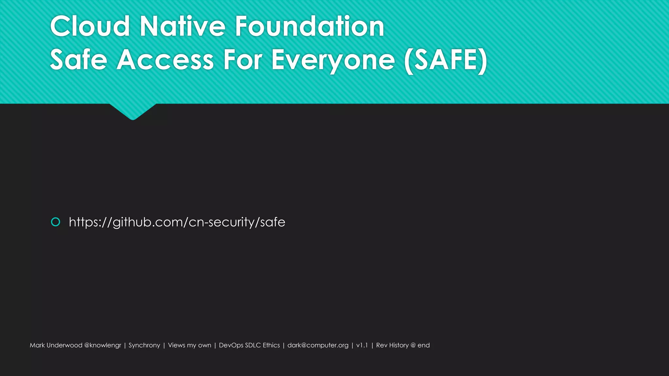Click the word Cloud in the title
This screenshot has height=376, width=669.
click(x=90, y=26)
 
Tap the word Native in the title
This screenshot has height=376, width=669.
click(x=182, y=26)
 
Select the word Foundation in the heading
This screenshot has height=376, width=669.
click(x=309, y=26)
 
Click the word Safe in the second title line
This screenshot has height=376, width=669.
click(x=78, y=60)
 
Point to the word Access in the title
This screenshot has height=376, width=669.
click(x=165, y=60)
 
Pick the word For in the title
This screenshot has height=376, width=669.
click(x=242, y=60)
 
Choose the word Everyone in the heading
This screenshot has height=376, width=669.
click(x=333, y=61)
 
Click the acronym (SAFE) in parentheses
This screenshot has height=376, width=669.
click(x=446, y=60)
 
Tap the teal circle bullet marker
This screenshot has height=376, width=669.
click(x=56, y=222)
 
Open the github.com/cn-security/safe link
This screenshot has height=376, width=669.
click(x=177, y=222)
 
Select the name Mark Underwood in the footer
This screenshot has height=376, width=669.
click(x=56, y=345)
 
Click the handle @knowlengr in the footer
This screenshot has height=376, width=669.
click(x=103, y=345)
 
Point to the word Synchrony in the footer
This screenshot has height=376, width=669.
click(x=144, y=345)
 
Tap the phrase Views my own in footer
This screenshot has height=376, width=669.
click(x=189, y=345)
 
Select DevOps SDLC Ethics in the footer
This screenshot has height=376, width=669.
click(x=249, y=345)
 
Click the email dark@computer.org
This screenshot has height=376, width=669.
click(x=318, y=345)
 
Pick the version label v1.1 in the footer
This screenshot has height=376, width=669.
click(x=362, y=345)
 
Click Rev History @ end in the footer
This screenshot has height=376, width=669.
click(x=403, y=345)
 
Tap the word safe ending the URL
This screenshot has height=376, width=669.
click(x=272, y=222)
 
